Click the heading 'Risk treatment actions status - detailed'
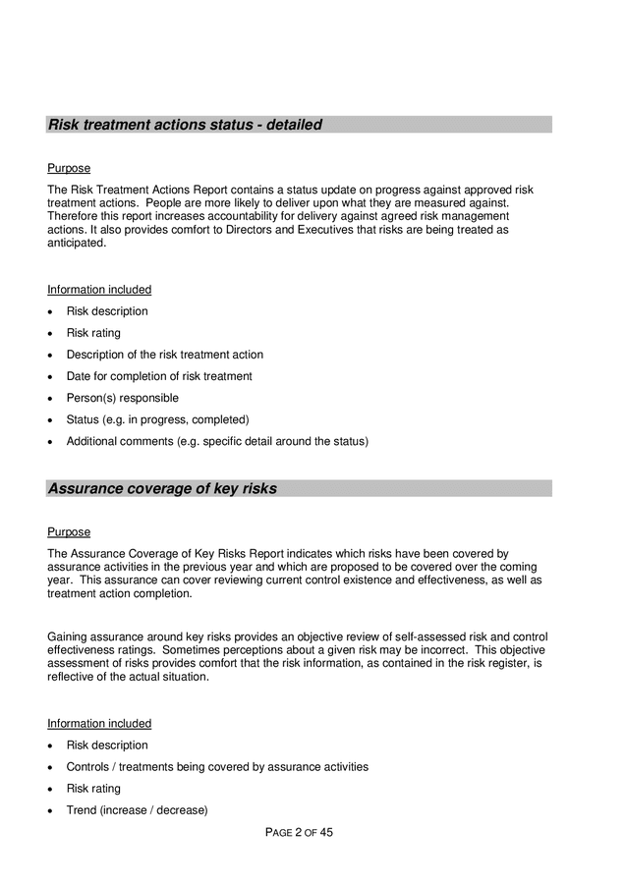[185, 125]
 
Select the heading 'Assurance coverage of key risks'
[162, 488]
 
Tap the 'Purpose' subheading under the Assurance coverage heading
[69, 531]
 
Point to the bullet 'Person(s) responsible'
[122, 398]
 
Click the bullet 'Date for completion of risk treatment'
[158, 376]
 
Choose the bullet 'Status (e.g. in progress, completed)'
[157, 419]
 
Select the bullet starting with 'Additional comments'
[216, 441]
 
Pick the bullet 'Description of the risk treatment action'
[164, 355]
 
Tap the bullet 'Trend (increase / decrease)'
[137, 810]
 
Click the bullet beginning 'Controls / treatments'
[216, 767]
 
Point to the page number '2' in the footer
[298, 833]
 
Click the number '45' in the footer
[326, 833]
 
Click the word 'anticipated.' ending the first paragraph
[76, 244]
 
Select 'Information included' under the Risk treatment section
[99, 290]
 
